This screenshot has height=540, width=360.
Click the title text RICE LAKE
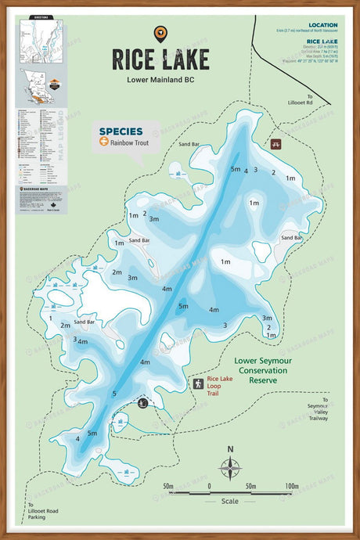(160, 59)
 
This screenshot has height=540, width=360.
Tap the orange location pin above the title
(160, 33)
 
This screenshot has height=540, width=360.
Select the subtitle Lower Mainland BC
(160, 79)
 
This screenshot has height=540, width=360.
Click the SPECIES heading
(121, 131)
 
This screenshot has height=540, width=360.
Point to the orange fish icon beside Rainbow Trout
(103, 142)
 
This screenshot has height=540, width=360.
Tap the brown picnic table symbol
(275, 145)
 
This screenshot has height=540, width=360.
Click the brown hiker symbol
(199, 383)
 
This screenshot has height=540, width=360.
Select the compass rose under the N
(230, 468)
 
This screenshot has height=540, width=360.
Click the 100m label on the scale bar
(292, 486)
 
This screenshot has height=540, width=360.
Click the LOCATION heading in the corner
(323, 25)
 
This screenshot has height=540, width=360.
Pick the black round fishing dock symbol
(142, 403)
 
